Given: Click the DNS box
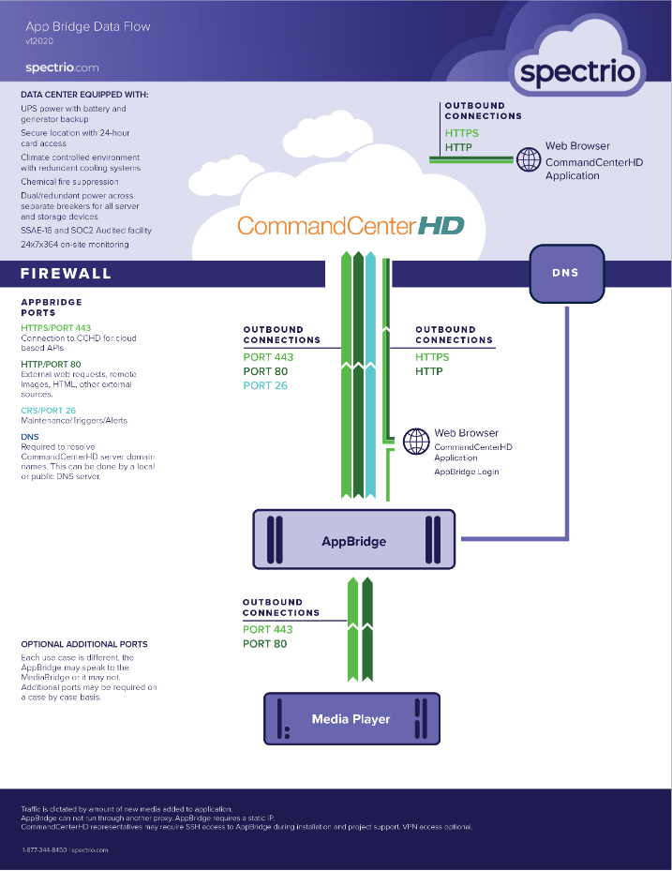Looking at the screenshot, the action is point(566,273).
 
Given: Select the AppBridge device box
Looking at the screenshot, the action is point(353,539).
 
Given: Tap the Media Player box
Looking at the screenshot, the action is point(351,718).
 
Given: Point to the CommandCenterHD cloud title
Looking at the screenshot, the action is point(351,226).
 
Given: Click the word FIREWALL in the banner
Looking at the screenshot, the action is point(67,273).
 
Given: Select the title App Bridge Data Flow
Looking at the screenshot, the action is point(88,26).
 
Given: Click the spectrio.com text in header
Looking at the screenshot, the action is point(62,68).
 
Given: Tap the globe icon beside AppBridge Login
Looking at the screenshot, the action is point(416,441).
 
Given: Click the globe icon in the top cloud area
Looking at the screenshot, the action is point(529,159).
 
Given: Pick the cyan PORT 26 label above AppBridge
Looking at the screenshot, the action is point(265,385).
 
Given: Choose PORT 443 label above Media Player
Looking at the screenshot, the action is point(268,629).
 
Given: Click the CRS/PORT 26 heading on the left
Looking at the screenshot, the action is point(49,411).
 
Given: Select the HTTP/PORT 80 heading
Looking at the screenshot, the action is point(52,365).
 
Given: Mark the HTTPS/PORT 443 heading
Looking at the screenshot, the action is point(56,328).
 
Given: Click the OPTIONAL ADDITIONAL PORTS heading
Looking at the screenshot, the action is point(84,644).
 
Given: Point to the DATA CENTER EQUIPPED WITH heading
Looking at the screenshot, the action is point(84,95).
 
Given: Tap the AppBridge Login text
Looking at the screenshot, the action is point(467,472).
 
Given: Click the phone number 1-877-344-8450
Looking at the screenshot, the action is point(44,849).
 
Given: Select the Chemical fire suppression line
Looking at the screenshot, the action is point(69,182).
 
